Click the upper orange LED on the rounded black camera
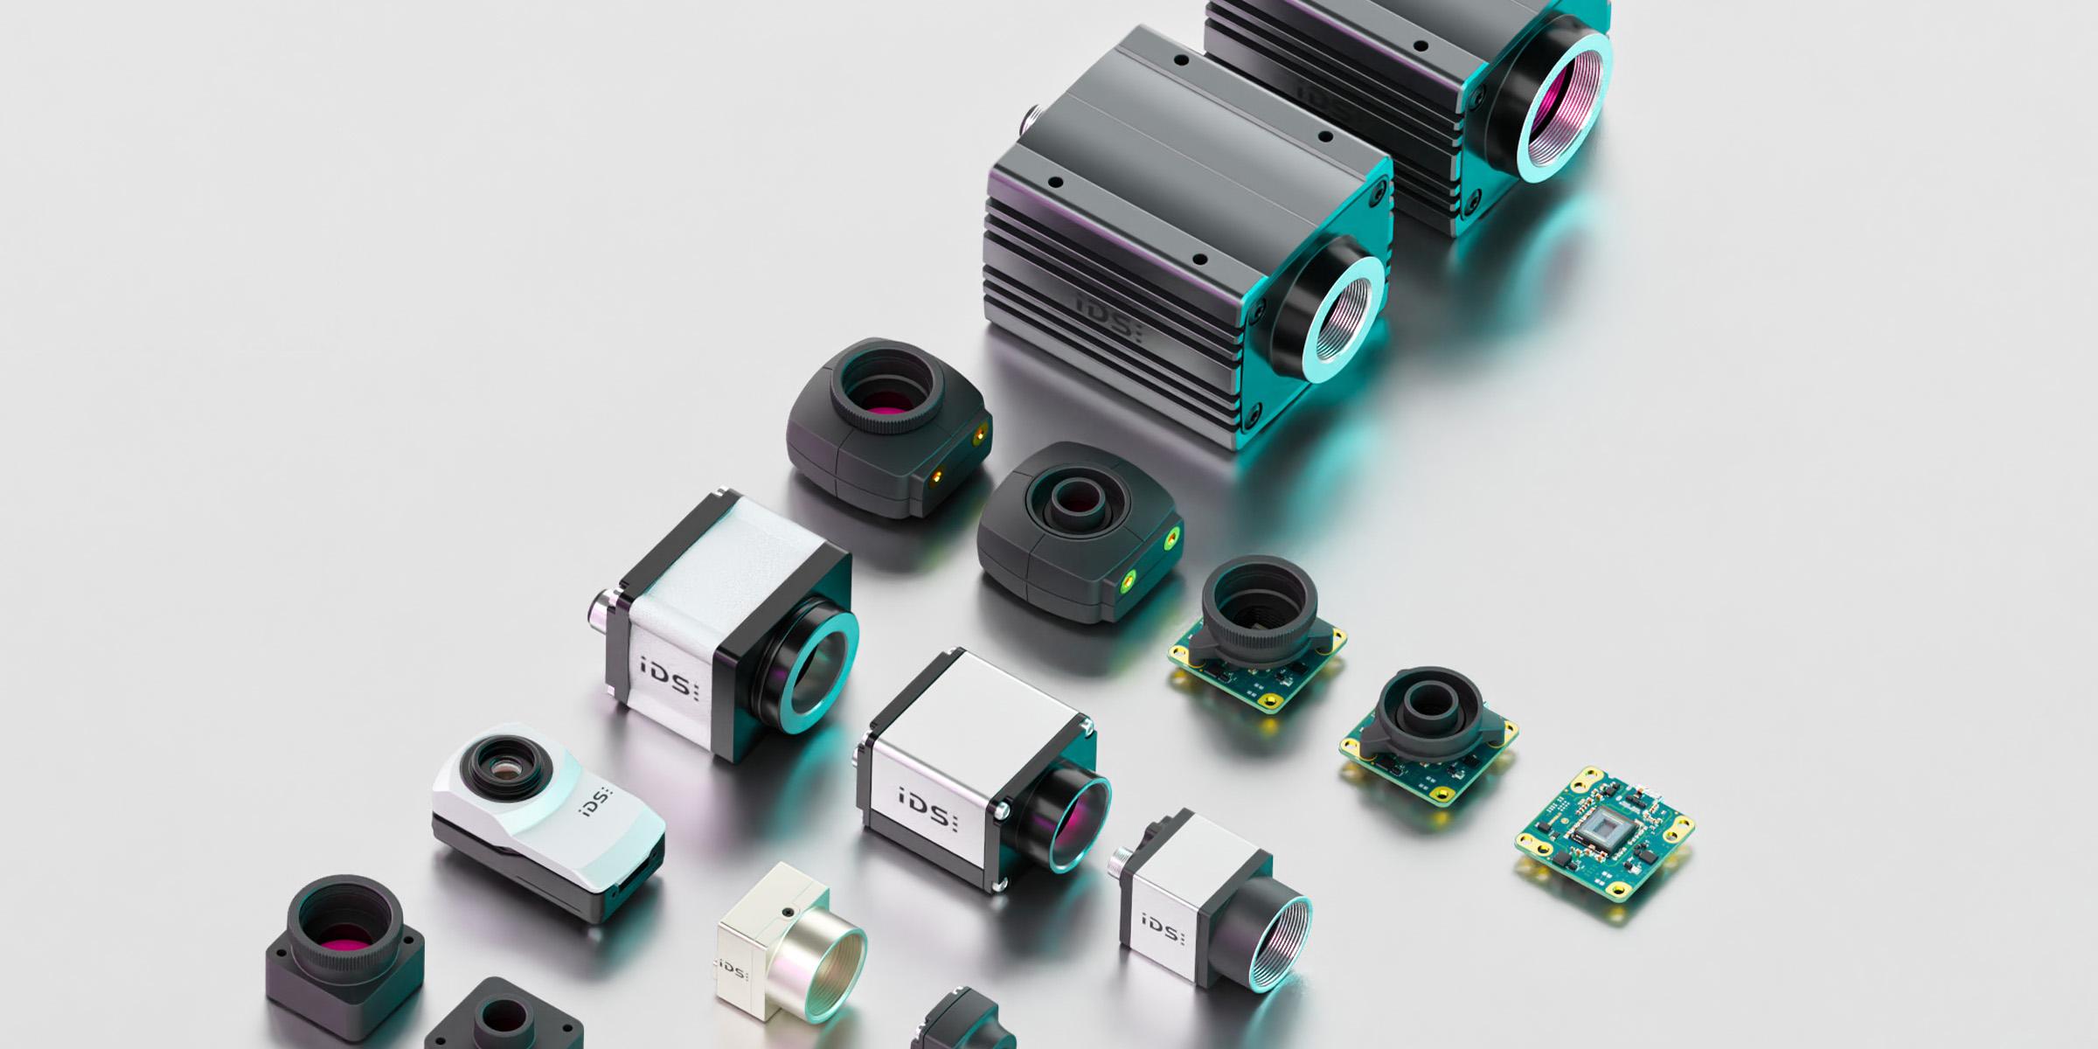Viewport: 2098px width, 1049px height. click(x=979, y=433)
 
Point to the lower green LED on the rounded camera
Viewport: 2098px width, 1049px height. click(x=1129, y=578)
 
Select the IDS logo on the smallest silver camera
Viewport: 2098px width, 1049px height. click(x=1162, y=928)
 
